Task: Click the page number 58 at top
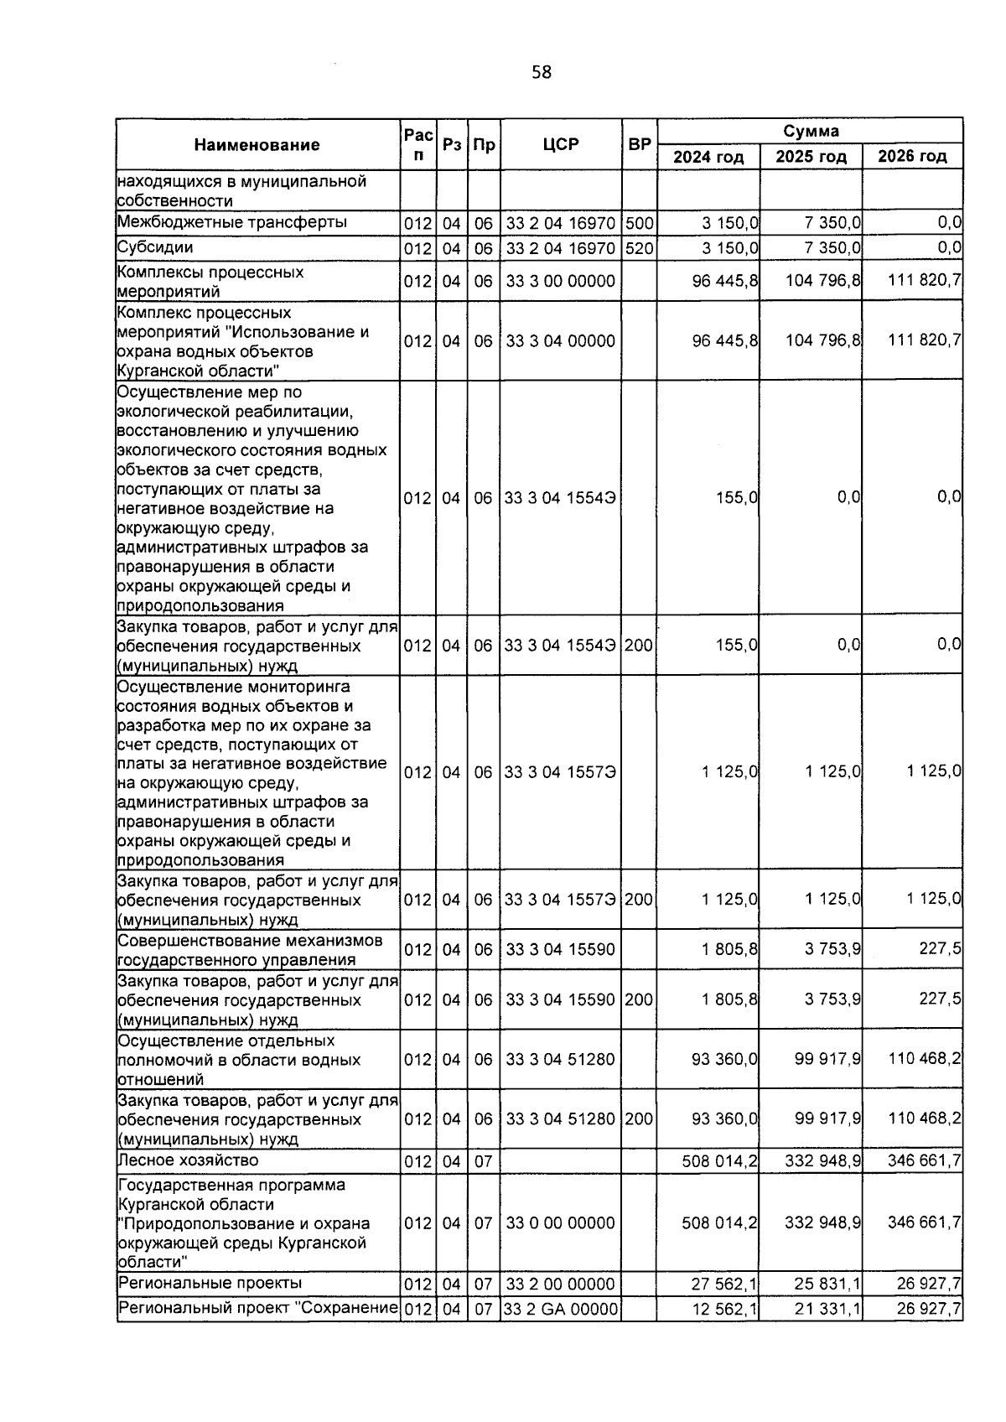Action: pyautogui.click(x=542, y=73)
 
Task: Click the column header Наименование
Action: pyautogui.click(x=257, y=145)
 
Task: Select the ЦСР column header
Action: pyautogui.click(x=561, y=144)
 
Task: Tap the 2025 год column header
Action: pyautogui.click(x=811, y=157)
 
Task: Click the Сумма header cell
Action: pyautogui.click(x=811, y=131)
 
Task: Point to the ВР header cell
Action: pyautogui.click(x=640, y=144)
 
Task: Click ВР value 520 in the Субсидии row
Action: pyautogui.click(x=639, y=248)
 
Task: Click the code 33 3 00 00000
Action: pyautogui.click(x=560, y=282)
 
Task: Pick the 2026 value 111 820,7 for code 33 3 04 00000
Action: pyautogui.click(x=924, y=340)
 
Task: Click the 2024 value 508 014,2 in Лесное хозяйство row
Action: pyautogui.click(x=720, y=1160)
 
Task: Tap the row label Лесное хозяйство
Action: pyautogui.click(x=188, y=1160)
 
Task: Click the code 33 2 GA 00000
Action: pyautogui.click(x=560, y=1310)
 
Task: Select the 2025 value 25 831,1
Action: pyautogui.click(x=822, y=1284)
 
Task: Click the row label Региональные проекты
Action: pyautogui.click(x=210, y=1284)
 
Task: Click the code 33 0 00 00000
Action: pyautogui.click(x=560, y=1223)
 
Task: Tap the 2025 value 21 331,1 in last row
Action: pyautogui.click(x=822, y=1310)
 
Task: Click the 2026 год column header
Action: pyautogui.click(x=912, y=157)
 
